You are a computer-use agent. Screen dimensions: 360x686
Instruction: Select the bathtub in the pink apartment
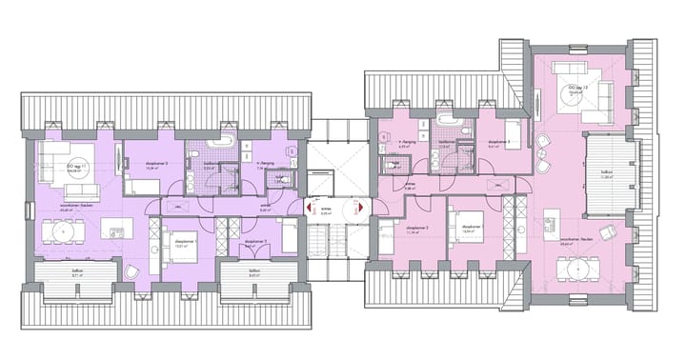[446, 125]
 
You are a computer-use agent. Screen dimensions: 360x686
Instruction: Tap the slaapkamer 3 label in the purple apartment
[157, 165]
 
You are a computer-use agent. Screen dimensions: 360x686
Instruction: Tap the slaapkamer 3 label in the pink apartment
[494, 143]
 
